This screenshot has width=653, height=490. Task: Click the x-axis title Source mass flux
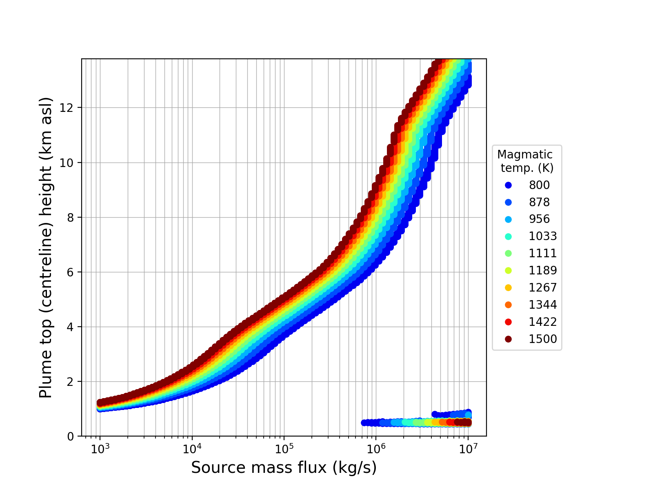click(x=284, y=468)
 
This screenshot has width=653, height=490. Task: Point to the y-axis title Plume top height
click(x=46, y=247)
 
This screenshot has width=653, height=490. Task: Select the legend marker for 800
click(x=508, y=185)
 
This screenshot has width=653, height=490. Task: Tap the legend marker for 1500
click(x=508, y=339)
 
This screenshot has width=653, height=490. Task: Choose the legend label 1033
click(x=543, y=236)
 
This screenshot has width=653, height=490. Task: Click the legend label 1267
click(x=543, y=288)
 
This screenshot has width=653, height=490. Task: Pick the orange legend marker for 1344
click(x=508, y=305)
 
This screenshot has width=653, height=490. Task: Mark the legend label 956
click(x=540, y=219)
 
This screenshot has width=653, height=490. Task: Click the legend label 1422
click(x=543, y=322)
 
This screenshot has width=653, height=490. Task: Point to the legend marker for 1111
click(x=508, y=254)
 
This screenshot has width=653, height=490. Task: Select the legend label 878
click(x=540, y=203)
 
